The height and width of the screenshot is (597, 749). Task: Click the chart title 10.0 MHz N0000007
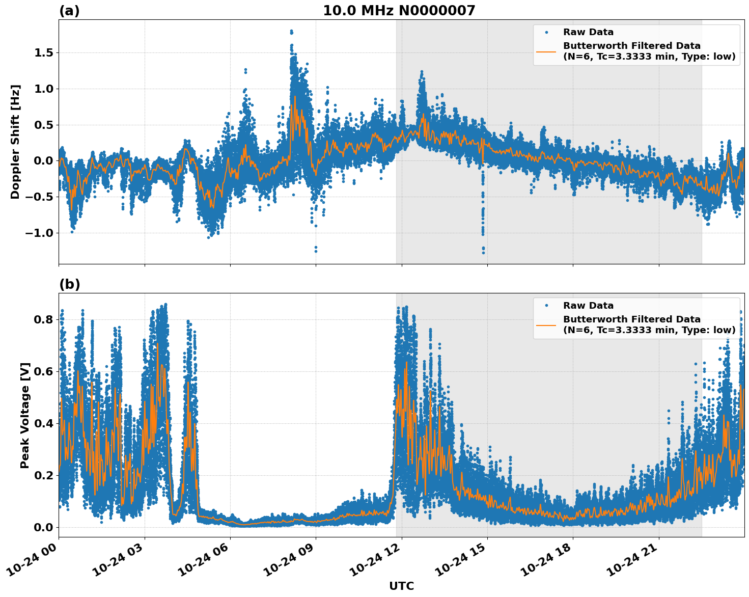(399, 11)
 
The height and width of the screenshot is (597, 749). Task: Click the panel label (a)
(69, 11)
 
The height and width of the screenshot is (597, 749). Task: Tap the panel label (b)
(69, 284)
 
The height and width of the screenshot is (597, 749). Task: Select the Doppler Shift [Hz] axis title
(15, 142)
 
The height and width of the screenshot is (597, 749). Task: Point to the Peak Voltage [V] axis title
(25, 415)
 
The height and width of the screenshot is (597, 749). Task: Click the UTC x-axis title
(401, 586)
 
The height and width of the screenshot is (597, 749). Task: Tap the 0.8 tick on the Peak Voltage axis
(43, 320)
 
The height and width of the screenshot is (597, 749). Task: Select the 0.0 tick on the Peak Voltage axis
(43, 527)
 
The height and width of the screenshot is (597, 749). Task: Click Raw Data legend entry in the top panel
(588, 32)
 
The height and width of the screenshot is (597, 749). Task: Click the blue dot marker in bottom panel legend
(546, 306)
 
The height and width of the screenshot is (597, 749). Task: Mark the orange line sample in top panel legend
(546, 51)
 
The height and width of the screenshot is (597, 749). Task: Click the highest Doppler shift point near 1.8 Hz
(291, 31)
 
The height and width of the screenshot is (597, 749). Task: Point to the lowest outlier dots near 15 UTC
(483, 252)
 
